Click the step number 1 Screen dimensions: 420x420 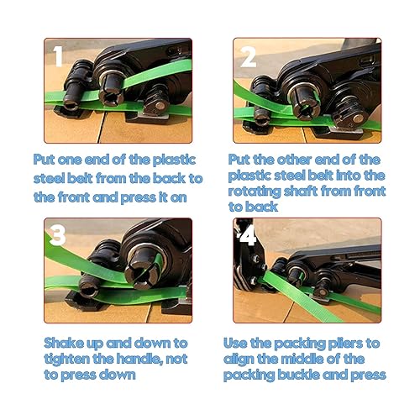58,56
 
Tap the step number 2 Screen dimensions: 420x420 248,57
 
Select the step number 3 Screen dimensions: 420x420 57,235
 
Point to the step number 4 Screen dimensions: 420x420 247,236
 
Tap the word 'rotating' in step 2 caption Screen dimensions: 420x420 255,192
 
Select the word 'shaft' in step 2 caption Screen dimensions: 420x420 301,192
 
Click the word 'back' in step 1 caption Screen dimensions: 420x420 169,179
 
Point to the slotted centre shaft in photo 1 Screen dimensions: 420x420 111,87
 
